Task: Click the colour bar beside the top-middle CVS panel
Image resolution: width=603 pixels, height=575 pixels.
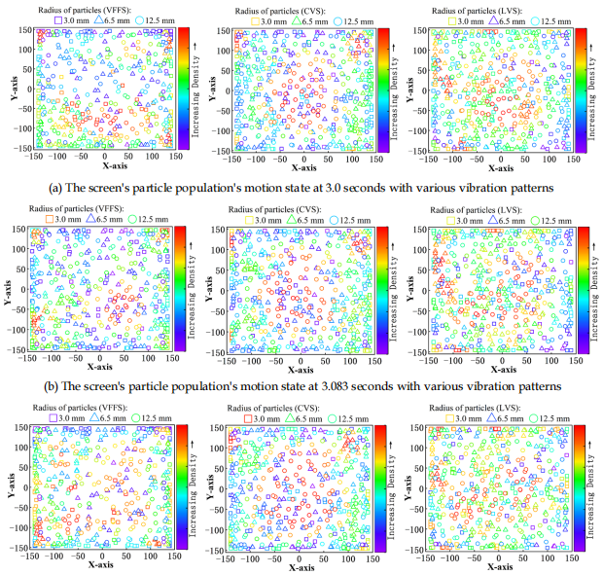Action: (x=383, y=90)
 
